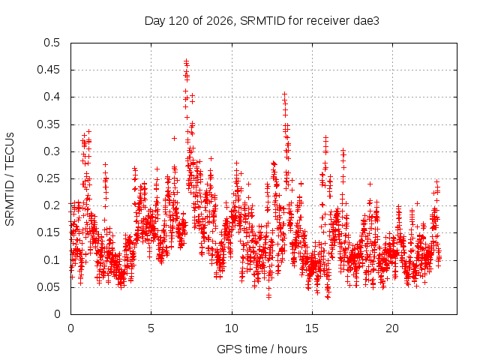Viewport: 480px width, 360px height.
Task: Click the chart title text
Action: tap(262, 21)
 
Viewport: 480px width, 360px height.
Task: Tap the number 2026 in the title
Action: tap(220, 21)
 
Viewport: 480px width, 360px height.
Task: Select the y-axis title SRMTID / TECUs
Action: tap(10, 179)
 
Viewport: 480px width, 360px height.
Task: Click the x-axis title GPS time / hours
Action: tap(262, 349)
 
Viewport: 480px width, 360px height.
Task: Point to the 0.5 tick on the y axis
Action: tap(52, 43)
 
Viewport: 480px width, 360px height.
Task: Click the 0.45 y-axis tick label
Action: tap(49, 70)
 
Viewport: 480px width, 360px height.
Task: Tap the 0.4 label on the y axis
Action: tap(52, 97)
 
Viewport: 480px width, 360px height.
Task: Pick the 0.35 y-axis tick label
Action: tap(49, 124)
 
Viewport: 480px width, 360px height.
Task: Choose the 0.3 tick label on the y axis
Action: tap(52, 151)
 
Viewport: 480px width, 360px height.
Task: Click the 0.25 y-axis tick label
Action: tap(49, 178)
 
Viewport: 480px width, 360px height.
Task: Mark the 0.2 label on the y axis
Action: tap(52, 205)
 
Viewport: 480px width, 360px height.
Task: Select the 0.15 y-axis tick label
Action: tap(49, 232)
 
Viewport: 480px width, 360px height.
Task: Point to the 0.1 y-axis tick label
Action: tap(52, 260)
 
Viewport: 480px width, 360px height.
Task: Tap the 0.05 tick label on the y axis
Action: tap(49, 287)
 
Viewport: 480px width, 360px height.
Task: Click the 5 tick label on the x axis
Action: tap(151, 328)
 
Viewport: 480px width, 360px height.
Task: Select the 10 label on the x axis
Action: tap(232, 328)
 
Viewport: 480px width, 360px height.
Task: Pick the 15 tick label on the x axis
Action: tap(312, 328)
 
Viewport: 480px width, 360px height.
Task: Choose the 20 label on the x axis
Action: tap(392, 328)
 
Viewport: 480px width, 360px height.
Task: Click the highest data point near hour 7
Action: tap(186, 61)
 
